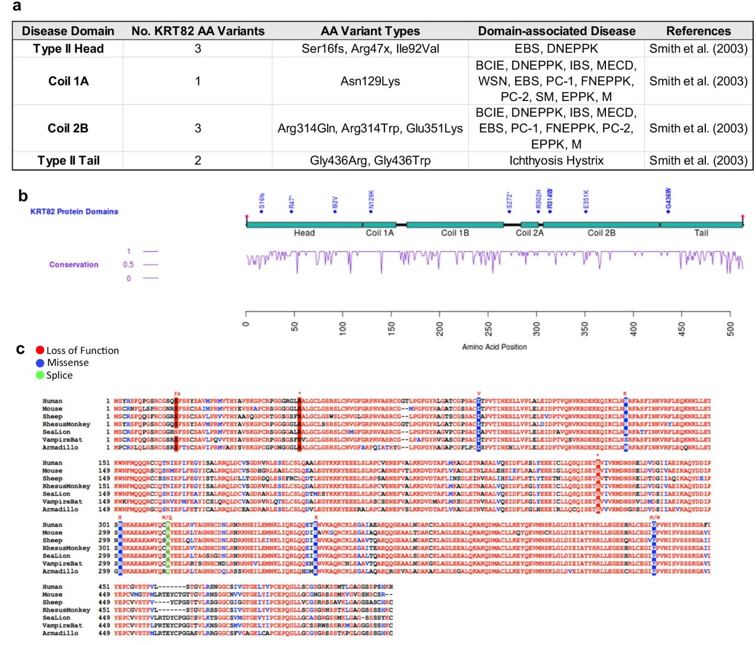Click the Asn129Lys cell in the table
tap(370, 81)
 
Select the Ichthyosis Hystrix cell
tap(556, 161)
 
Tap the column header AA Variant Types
tap(370, 31)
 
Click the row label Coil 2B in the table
tap(68, 128)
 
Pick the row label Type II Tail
tap(68, 161)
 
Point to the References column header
tap(698, 31)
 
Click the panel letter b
tap(23, 196)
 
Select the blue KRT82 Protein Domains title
tap(74, 211)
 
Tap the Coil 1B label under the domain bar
tap(455, 233)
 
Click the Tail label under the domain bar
tap(701, 233)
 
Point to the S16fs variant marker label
tap(262, 202)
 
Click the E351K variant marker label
tap(586, 200)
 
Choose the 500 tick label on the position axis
tap(731, 328)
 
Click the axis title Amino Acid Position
tap(494, 347)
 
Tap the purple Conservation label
tap(74, 265)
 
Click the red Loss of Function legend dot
tap(40, 350)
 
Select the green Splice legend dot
tap(40, 375)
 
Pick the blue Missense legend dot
tap(40, 363)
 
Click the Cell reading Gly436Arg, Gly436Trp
tap(370, 161)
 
